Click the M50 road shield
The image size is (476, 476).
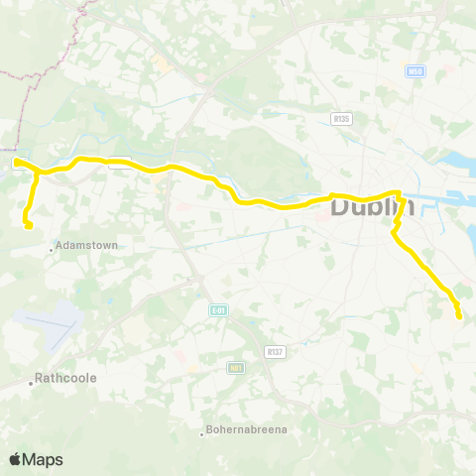coord(416,71)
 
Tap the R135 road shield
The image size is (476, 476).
coord(341,118)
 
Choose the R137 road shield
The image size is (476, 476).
coord(275,351)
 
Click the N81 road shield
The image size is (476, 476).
coord(235,368)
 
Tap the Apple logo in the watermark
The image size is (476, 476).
coord(16,459)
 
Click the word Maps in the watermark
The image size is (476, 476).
coord(43,459)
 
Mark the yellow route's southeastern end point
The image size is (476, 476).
coord(459,315)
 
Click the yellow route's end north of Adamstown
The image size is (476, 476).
coord(29,226)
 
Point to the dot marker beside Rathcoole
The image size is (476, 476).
coord(32,381)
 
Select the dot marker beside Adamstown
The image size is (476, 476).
coord(52,249)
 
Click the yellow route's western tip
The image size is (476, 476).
coord(17,162)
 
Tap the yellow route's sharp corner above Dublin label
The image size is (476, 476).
coord(398,193)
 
